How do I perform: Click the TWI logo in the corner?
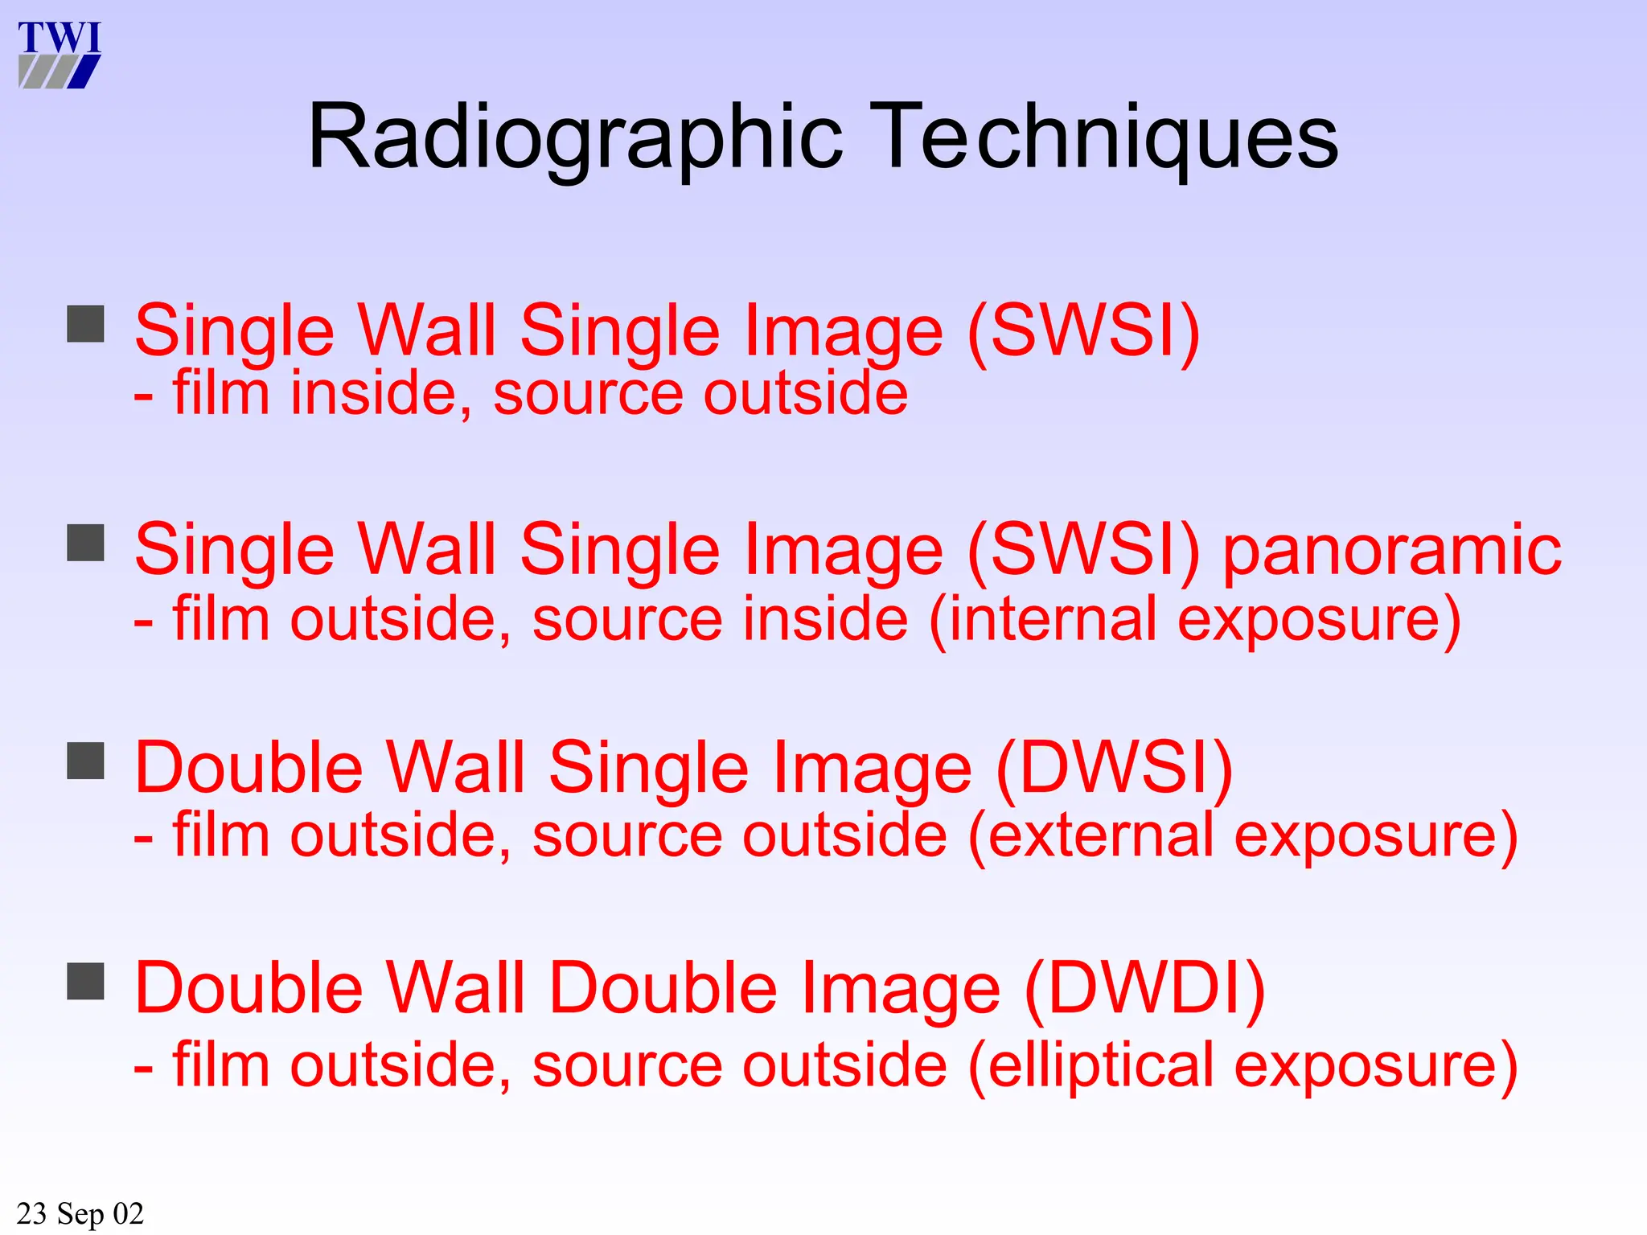tap(60, 55)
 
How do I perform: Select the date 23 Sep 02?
tap(80, 1212)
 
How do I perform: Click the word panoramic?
tap(1392, 552)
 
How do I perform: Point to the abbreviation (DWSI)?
tap(1114, 769)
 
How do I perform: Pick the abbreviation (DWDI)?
tap(1145, 988)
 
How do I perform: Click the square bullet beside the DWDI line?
tap(85, 981)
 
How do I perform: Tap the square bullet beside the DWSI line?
tap(85, 761)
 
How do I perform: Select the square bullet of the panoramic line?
tap(85, 543)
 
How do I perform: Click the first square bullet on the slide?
tap(85, 324)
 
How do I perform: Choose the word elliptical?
tap(1099, 1066)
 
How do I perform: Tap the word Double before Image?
tap(663, 988)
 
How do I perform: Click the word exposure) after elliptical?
tap(1375, 1066)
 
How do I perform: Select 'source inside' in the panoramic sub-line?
tap(720, 620)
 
